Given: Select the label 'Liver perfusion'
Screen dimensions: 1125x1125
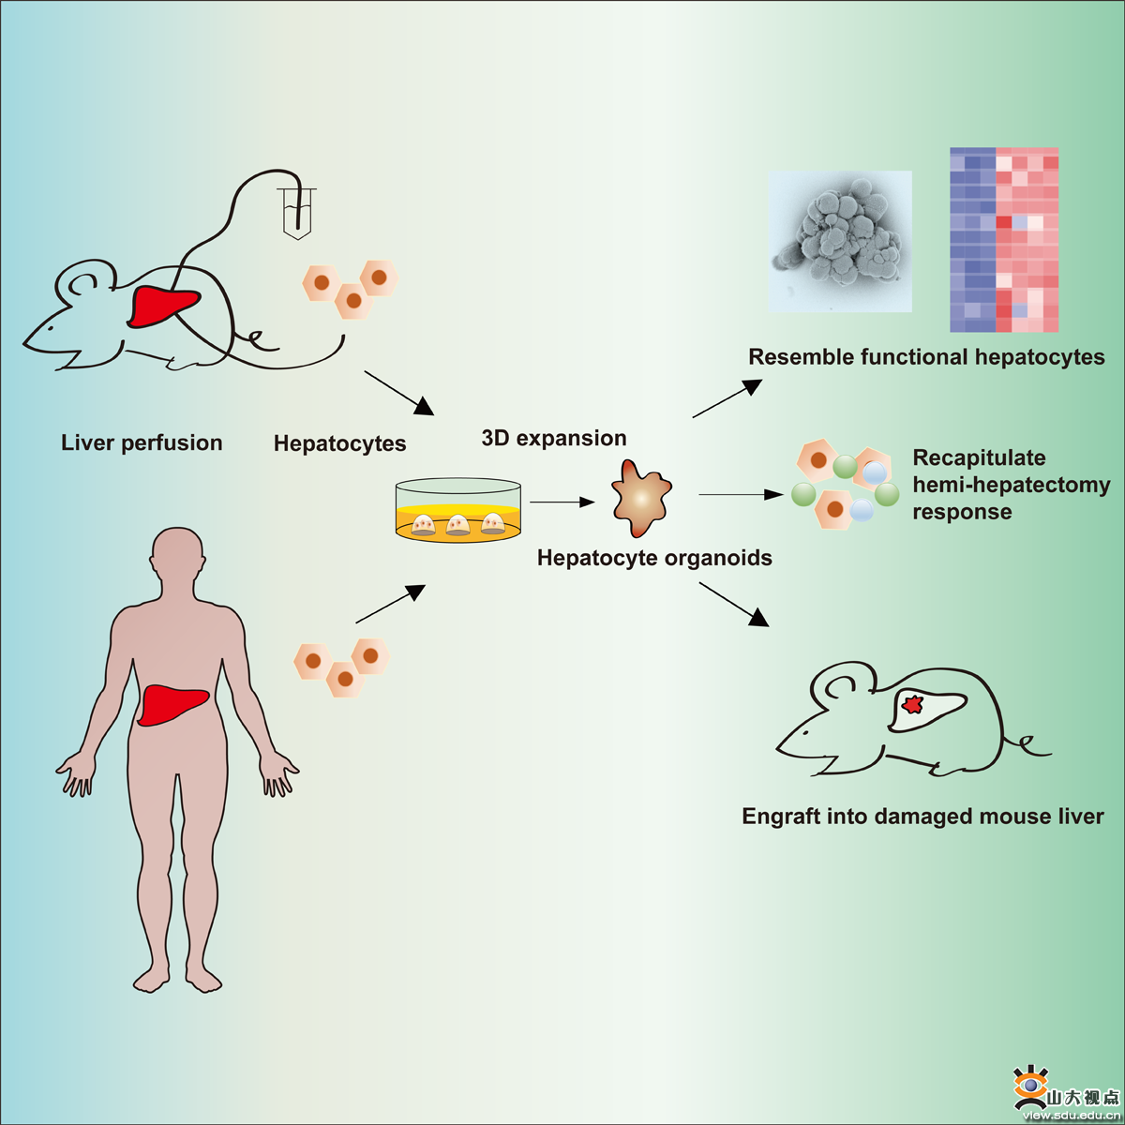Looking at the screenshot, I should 142,442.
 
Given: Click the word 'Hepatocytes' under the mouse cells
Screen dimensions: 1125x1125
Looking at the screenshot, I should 339,443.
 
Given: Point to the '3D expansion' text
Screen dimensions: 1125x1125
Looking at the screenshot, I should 553,438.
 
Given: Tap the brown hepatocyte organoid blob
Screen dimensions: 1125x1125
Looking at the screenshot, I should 641,497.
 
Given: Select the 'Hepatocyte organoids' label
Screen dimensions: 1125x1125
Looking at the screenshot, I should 654,558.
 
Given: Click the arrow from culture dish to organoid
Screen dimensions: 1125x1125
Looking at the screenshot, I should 562,502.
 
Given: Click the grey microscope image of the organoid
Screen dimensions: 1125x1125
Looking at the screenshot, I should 840,241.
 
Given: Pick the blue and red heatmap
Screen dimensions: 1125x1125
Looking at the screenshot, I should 1004,240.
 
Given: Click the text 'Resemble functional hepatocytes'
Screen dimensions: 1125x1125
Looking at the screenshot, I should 926,357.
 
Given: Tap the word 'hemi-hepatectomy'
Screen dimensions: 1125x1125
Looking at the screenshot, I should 1011,485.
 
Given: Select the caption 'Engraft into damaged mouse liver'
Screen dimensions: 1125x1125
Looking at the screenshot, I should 922,817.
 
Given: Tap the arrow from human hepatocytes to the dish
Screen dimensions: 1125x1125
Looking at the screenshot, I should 390,605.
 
